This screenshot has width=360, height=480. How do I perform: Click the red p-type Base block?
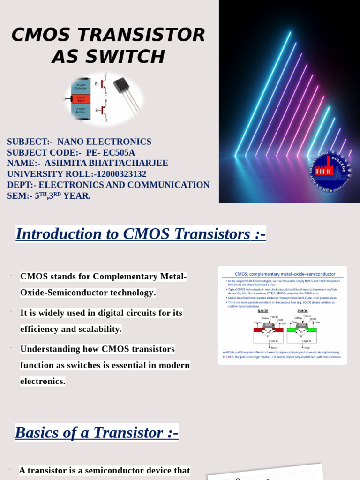(81, 99)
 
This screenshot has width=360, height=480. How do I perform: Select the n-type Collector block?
(81, 86)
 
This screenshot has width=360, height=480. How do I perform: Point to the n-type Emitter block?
(81, 111)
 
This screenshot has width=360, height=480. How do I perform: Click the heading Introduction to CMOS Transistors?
(140, 233)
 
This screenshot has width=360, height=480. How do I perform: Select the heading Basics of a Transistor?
(96, 432)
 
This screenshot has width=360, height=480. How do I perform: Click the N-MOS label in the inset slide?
(263, 311)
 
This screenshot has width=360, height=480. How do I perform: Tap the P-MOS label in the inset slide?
(302, 311)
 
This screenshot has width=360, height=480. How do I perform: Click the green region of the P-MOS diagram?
(302, 330)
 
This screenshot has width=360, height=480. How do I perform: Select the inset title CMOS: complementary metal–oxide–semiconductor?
(285, 274)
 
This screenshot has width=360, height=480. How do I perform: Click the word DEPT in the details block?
(18, 185)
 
